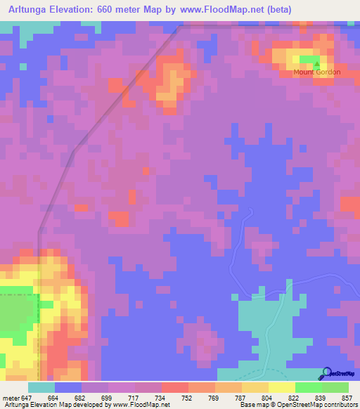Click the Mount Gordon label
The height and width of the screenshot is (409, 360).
point(318,72)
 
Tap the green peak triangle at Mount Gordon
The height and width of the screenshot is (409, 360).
point(315,64)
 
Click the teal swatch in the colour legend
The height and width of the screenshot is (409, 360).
point(41,387)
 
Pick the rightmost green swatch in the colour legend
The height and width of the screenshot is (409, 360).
point(335,387)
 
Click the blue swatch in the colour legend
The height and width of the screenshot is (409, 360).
point(68,387)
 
